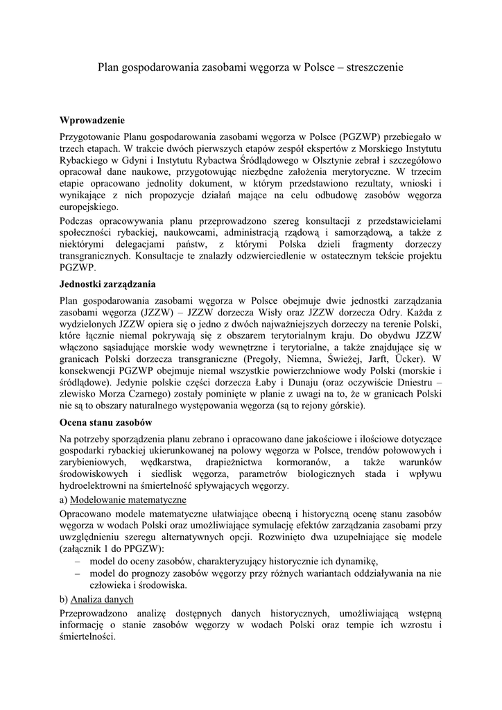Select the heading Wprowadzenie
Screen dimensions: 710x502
[92, 120]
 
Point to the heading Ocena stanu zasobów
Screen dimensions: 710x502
[106, 422]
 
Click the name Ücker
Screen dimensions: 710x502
[408, 360]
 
